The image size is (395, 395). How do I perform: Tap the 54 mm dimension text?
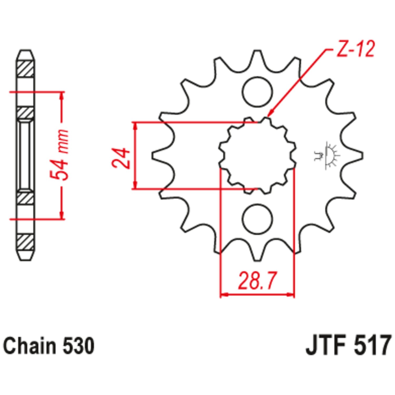point(60,155)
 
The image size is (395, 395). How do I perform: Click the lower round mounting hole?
point(258,219)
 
